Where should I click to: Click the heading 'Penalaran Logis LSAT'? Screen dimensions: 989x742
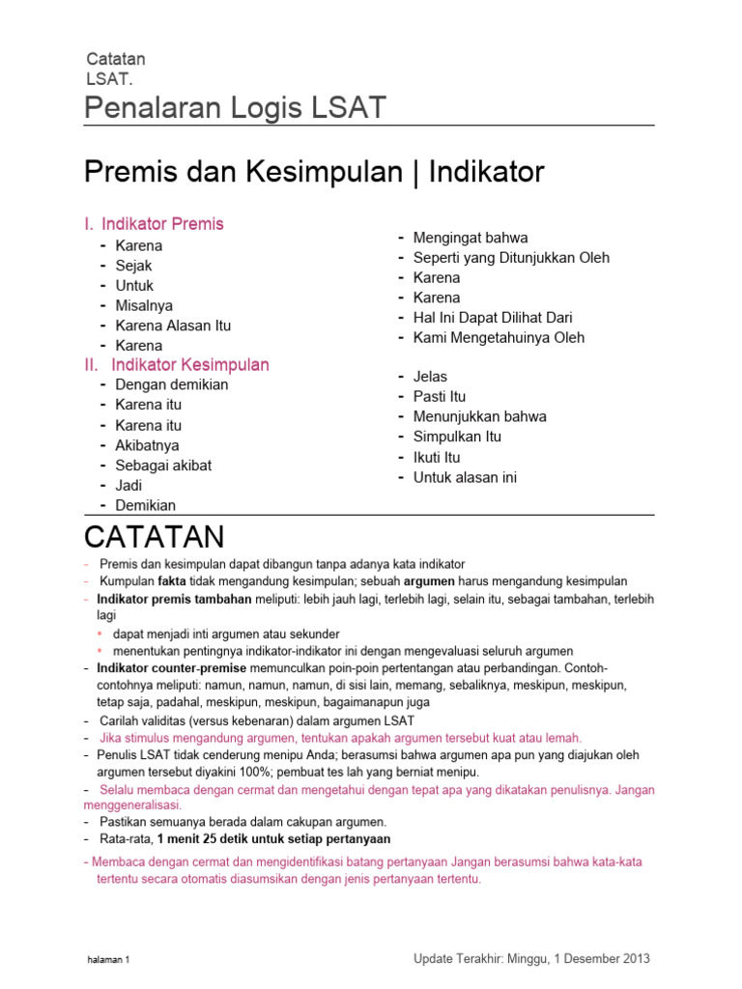tap(236, 108)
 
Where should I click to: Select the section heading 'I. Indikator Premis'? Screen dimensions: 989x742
tap(155, 224)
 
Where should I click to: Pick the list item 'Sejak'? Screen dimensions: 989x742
tap(133, 266)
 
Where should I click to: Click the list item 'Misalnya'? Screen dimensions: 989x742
tap(144, 305)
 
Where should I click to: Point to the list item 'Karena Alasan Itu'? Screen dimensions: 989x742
tap(173, 325)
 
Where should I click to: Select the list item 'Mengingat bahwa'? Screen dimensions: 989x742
tap(471, 238)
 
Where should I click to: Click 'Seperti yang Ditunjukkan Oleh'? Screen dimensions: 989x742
tap(511, 258)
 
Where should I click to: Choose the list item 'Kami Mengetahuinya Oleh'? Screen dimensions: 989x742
tap(499, 338)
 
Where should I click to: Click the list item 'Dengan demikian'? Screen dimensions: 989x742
tap(171, 384)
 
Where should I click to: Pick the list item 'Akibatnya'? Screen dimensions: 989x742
tap(147, 445)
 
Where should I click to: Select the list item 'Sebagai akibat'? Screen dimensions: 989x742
tap(163, 466)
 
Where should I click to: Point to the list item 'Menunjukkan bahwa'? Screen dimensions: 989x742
tap(479, 417)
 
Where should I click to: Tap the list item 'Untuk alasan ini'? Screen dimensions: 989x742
tap(465, 477)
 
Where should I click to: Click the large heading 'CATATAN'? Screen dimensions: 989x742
tap(155, 536)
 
